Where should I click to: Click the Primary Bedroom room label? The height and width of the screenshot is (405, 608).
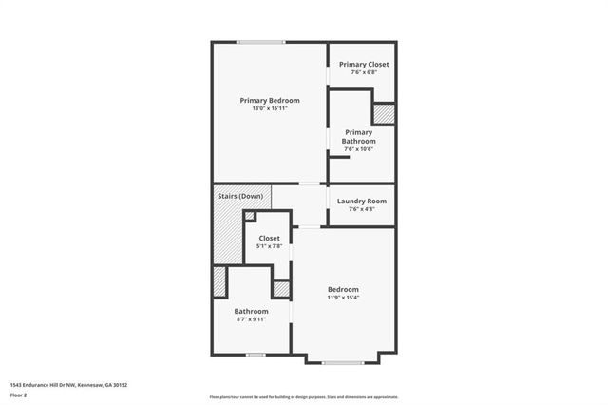pos(269,100)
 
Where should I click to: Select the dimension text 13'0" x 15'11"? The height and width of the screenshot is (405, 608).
pos(269,108)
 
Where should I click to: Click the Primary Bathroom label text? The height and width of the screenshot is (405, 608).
pos(358,137)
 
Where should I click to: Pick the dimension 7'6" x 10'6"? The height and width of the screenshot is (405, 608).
pos(358,148)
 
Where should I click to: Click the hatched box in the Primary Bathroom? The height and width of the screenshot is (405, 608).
pos(383,113)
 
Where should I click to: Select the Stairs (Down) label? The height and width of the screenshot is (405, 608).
pos(239,196)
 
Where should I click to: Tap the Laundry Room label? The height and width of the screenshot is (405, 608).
pos(363,201)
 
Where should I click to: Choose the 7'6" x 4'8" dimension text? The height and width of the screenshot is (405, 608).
pos(363,209)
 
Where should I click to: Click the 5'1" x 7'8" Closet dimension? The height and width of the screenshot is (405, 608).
pos(269,246)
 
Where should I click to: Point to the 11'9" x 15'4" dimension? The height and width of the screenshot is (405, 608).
pos(343,298)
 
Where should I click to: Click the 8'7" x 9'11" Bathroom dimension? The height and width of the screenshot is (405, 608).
pos(251,319)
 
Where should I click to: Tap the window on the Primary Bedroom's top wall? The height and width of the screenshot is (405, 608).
pos(260,41)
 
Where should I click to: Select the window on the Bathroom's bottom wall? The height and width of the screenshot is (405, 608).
pos(255,355)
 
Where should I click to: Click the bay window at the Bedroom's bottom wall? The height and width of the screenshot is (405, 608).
pos(342,362)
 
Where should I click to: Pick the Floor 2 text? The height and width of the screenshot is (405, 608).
pos(18,395)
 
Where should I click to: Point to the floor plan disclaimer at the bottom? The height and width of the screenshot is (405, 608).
pos(304,396)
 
